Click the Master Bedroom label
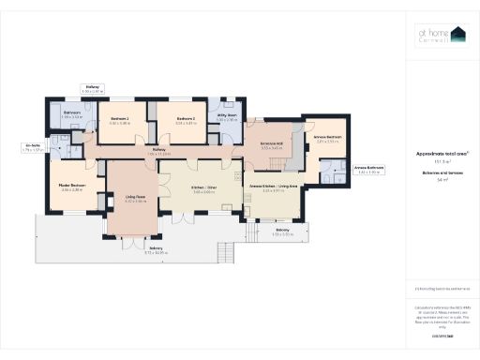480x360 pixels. pos(72,187)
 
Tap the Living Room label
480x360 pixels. pos(136,198)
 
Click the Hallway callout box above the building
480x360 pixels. pos(93,89)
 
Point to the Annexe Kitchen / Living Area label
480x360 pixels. pos(273,188)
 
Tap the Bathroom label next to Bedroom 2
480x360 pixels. pos(72,116)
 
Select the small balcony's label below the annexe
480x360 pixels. pos(282,232)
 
